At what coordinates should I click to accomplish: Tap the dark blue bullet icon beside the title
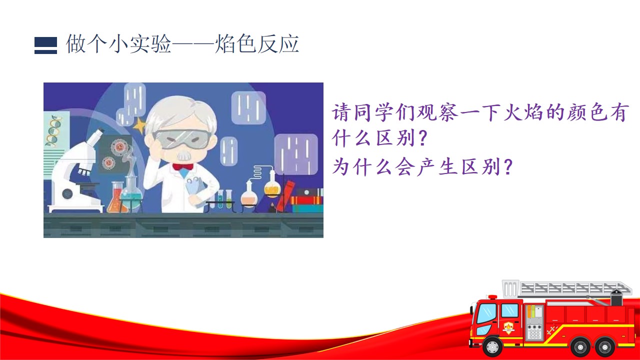[x=45, y=45]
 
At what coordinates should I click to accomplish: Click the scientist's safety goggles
[x=182, y=139]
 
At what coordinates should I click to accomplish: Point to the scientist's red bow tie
[x=183, y=166]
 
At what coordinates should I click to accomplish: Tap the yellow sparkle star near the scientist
[x=140, y=126]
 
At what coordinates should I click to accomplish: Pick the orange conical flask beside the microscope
[x=116, y=197]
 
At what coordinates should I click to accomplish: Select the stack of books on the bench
[x=307, y=200]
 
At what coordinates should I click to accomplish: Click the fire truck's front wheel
[x=492, y=347]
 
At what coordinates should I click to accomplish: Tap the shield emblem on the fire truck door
[x=508, y=327]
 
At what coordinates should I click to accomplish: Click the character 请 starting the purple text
[x=341, y=112]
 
